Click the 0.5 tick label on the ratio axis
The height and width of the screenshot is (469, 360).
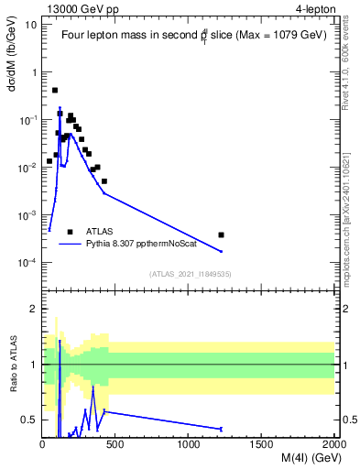pos(29,420)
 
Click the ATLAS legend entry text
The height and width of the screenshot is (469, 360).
pos(102,232)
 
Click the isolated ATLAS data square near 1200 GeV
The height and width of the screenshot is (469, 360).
pos(221,235)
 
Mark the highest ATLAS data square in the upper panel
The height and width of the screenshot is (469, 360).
pos(55,90)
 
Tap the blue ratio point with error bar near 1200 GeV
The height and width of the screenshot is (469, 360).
pos(221,429)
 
